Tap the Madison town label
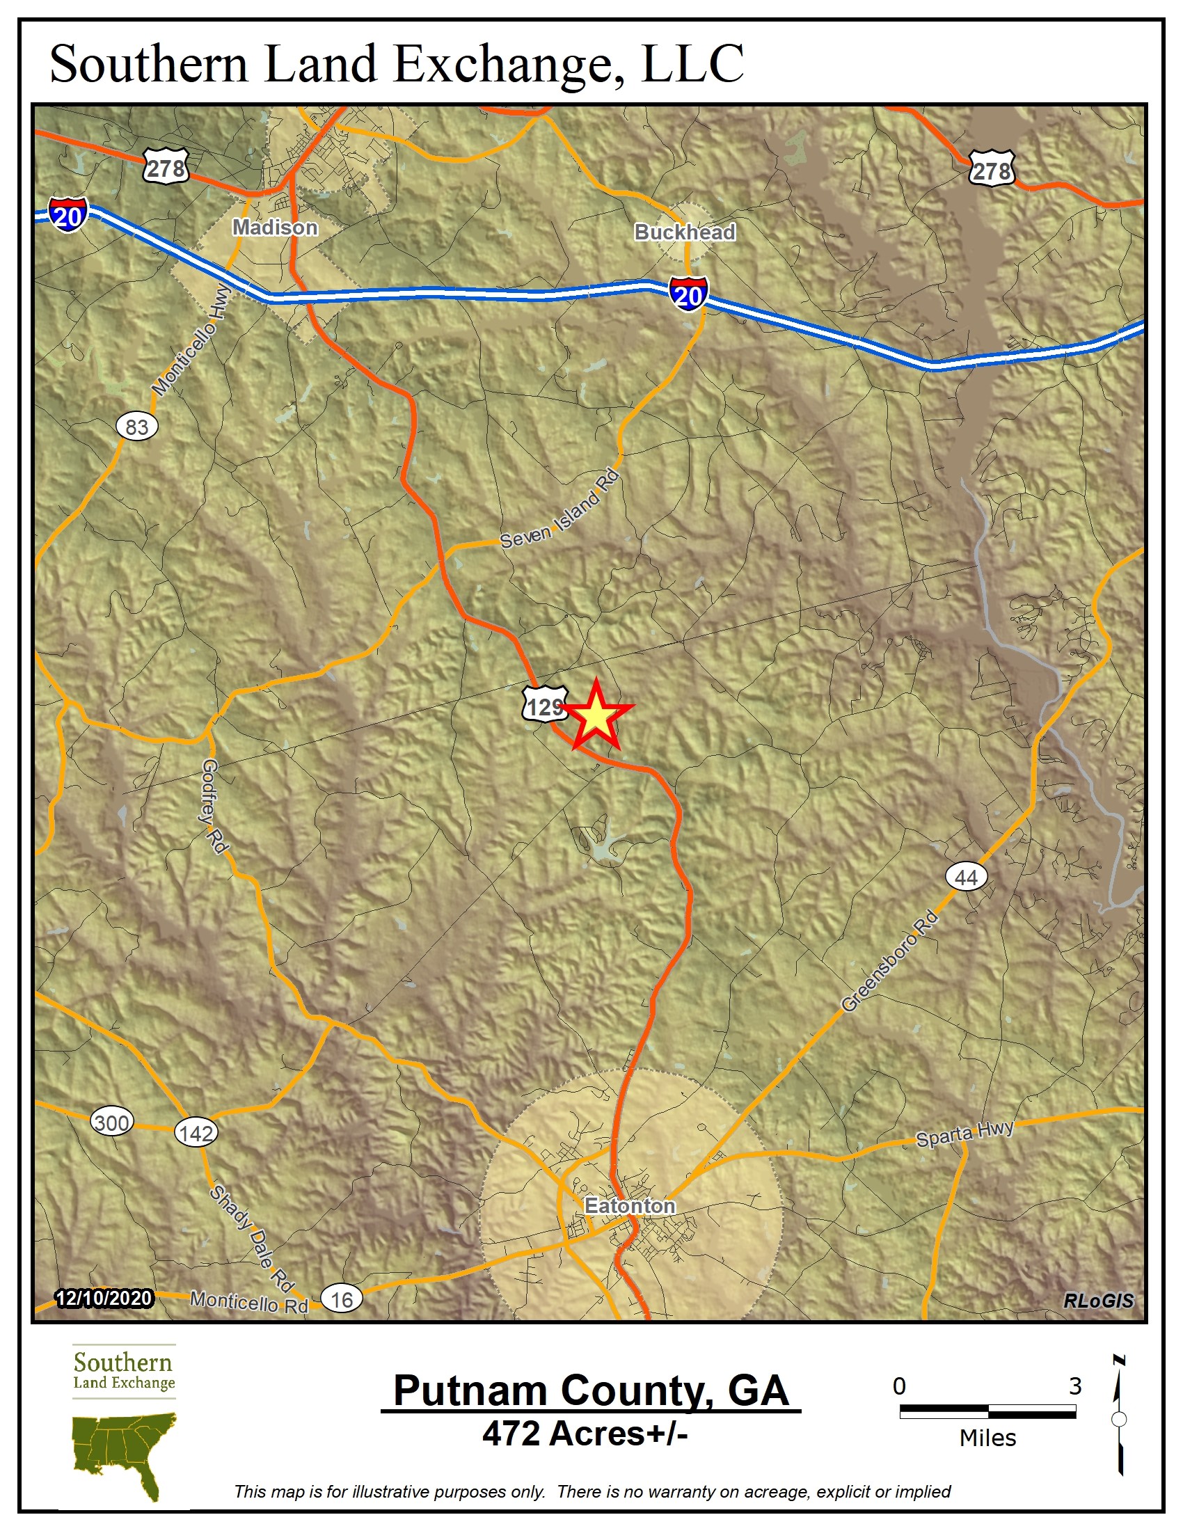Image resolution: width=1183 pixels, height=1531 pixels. tap(276, 227)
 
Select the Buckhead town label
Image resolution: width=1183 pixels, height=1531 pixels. tap(685, 232)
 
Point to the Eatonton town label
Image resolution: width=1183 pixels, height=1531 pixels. tap(630, 1206)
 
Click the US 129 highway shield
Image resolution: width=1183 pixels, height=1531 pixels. tap(545, 704)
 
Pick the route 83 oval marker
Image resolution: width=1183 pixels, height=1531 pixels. tap(136, 426)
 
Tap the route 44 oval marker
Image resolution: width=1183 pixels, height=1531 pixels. tap(967, 877)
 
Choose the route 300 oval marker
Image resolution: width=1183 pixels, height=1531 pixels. tap(111, 1123)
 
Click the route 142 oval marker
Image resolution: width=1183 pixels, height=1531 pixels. tap(196, 1133)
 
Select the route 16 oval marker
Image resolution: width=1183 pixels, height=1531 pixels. tap(341, 1300)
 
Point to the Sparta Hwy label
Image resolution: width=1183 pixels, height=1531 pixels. tap(965, 1134)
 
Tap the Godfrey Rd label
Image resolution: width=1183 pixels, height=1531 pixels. tap(213, 807)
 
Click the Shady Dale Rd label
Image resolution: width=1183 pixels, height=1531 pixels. tap(252, 1237)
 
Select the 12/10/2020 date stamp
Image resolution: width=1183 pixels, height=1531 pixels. tap(104, 1299)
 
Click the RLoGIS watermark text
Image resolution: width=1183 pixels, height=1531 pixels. tap(1097, 1301)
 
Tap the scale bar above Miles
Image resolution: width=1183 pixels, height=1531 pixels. tap(987, 1412)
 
